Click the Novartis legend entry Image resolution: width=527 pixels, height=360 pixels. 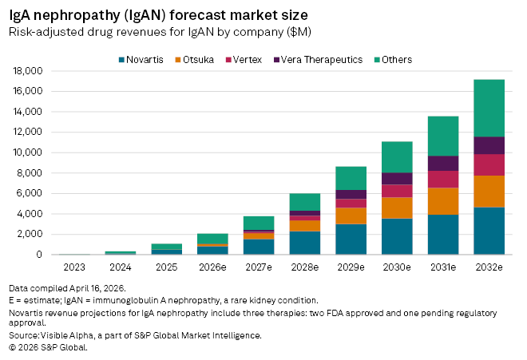tap(141, 59)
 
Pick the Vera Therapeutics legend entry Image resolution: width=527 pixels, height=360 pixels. tap(316, 59)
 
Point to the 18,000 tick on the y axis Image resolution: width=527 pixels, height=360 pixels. tap(30, 70)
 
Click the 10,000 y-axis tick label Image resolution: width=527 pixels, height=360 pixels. tap(30, 152)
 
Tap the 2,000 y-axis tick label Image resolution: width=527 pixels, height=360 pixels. tap(32, 234)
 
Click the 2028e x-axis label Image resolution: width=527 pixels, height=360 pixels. tap(305, 266)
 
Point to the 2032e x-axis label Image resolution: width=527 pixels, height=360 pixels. tap(488, 266)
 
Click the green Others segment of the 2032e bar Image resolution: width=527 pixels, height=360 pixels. tap(489, 108)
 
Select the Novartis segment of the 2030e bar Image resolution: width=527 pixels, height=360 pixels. tap(397, 236)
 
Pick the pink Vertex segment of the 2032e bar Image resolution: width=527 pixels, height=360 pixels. tap(489, 165)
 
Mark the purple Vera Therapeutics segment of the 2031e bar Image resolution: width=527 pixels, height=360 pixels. tap(442, 163)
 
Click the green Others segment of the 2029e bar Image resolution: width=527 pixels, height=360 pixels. tap(351, 178)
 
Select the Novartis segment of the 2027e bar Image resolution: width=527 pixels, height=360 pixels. tap(259, 247)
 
